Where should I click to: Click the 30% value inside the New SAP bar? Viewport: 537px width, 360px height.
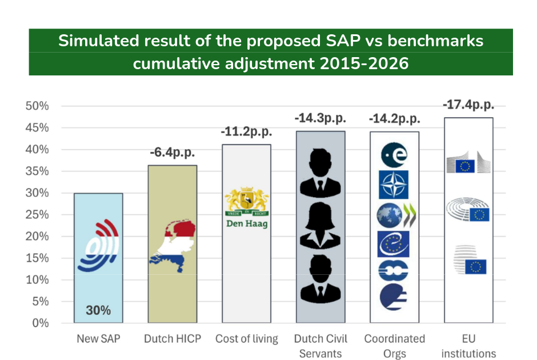(98, 311)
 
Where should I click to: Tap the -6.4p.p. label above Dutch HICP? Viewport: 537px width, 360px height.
(173, 154)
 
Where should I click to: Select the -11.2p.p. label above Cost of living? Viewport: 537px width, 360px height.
(246, 133)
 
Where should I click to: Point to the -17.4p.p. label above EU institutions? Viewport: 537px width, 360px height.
(468, 105)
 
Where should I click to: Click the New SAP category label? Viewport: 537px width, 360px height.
(98, 339)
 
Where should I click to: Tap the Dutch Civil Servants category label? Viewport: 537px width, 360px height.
(320, 346)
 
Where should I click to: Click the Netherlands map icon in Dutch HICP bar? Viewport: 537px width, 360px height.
(172, 243)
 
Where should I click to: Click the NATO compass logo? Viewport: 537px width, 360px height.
(394, 185)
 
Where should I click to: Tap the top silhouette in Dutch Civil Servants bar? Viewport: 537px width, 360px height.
(320, 171)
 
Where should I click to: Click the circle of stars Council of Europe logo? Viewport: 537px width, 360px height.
(394, 244)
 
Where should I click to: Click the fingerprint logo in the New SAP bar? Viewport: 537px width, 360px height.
(98, 246)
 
